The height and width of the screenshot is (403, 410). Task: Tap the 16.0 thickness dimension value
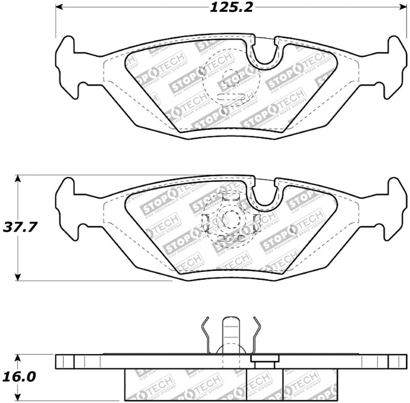click(x=20, y=377)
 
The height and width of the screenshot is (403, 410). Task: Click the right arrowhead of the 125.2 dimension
click(x=401, y=7)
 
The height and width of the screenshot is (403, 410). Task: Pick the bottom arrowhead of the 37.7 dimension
click(x=18, y=277)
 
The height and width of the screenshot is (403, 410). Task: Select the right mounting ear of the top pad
click(x=395, y=67)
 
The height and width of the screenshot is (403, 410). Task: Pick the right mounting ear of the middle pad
click(x=395, y=208)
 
